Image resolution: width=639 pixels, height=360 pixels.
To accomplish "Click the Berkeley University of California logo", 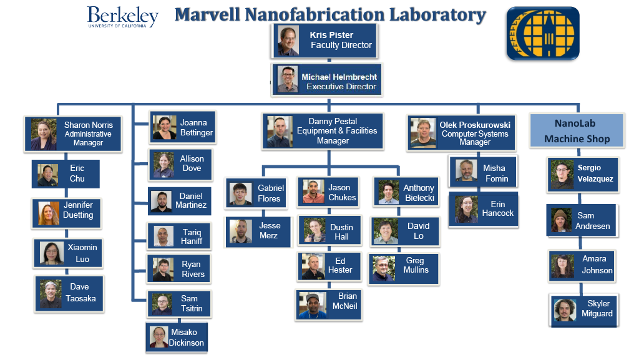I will pos(122,17).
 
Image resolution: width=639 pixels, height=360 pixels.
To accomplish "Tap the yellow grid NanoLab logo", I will pos(542,33).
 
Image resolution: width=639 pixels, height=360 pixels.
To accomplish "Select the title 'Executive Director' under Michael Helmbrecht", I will pos(341,87).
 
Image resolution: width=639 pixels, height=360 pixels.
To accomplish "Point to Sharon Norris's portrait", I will pos(44,134).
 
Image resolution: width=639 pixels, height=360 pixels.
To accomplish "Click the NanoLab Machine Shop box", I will pos(577,131).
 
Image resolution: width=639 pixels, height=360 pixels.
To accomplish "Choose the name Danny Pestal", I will pos(333,121).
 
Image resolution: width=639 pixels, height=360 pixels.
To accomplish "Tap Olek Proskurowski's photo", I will pos(423,132).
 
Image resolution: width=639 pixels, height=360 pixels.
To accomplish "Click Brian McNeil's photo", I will pos(312,304).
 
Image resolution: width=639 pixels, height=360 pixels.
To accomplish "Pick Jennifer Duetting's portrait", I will pos(49,213).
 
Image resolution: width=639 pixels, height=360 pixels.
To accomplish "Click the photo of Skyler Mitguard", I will pos(565,310).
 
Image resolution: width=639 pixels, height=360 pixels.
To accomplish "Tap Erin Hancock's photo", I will pos(466,210).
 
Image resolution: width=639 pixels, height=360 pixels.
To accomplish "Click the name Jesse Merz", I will pos(270,231).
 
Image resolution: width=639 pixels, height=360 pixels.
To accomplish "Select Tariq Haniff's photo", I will pos(163,236).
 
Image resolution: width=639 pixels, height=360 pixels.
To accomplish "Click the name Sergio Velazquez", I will pos(595,173).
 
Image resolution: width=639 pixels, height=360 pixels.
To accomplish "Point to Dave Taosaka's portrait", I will pos(51,293).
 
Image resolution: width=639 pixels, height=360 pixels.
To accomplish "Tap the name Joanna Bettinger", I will pos(196,128).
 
